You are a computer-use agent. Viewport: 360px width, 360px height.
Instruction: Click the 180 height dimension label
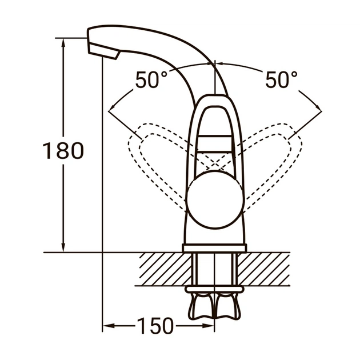click(63, 150)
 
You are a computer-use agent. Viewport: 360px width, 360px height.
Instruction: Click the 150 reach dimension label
click(154, 326)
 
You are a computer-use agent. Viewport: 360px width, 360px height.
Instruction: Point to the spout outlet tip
click(114, 55)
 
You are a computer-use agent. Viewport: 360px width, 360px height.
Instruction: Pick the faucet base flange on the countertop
click(214, 248)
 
